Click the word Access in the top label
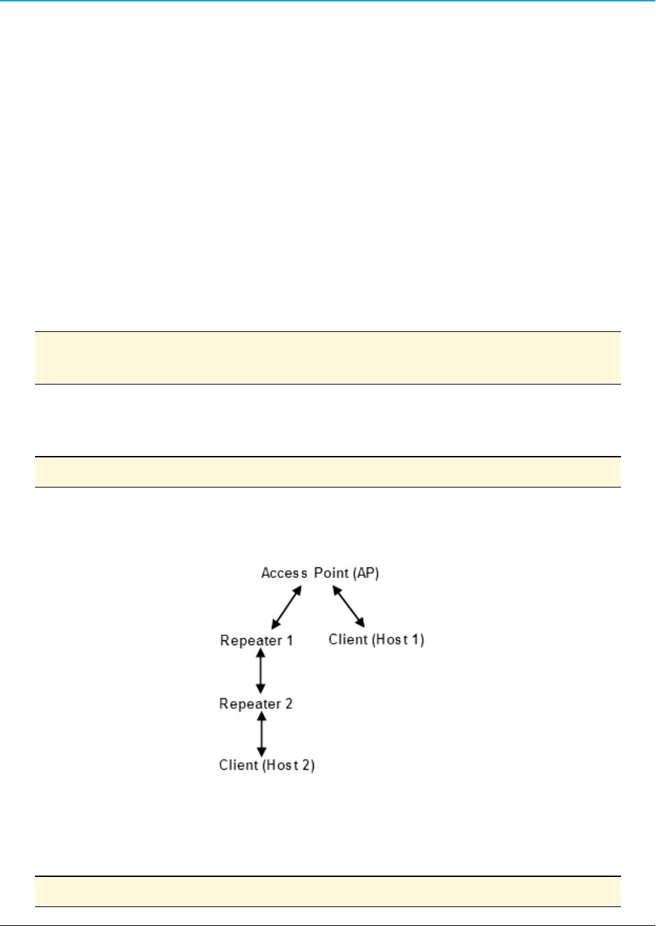[x=284, y=573]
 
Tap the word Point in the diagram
[x=331, y=573]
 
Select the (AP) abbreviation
[x=365, y=573]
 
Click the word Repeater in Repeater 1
[x=250, y=640]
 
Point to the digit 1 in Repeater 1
[x=289, y=640]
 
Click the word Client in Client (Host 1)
[x=347, y=640]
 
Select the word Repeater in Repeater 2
[x=249, y=703]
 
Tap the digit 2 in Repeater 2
[x=288, y=703]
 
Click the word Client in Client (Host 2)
[x=239, y=765]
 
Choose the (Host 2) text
[x=288, y=765]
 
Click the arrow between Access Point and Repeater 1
[x=286, y=607]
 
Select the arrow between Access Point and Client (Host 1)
[x=349, y=606]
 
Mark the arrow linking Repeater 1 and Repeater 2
[x=260, y=671]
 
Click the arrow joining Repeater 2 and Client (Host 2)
[x=261, y=734]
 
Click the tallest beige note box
[x=328, y=358]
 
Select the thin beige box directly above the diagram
[x=328, y=472]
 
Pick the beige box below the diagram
[x=328, y=892]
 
